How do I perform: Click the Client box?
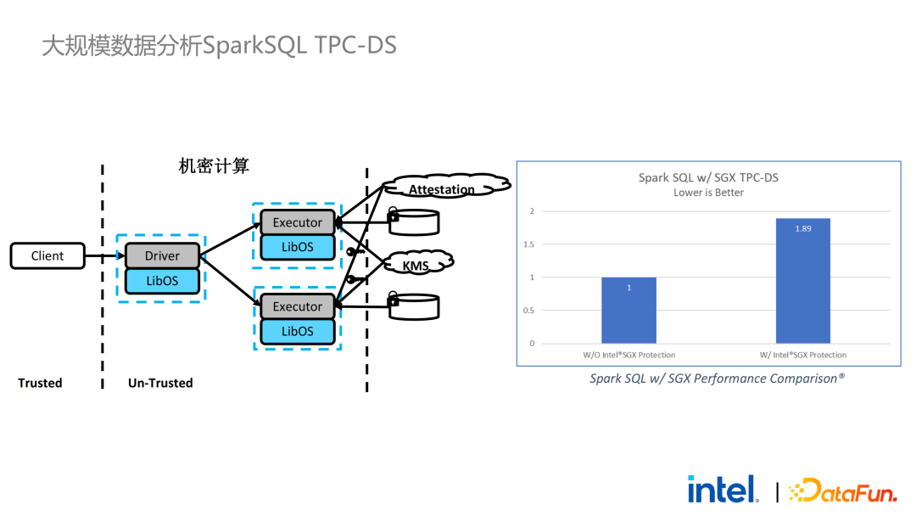point(47,256)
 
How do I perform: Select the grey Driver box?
point(162,255)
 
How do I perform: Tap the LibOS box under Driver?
point(162,280)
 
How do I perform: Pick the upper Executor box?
point(297,222)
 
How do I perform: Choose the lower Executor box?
point(297,306)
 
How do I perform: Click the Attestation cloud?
point(443,188)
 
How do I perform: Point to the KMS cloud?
point(416,266)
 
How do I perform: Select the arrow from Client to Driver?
point(104,256)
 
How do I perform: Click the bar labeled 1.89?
point(802,281)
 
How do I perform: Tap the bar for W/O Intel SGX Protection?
point(628,310)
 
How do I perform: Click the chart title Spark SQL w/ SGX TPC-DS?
point(708,177)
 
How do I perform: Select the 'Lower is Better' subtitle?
point(708,193)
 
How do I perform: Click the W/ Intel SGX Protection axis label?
point(802,355)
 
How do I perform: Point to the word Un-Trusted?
point(160,383)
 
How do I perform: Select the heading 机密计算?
point(214,166)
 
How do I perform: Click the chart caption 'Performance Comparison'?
point(717,379)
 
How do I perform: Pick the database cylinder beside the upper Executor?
point(414,222)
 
